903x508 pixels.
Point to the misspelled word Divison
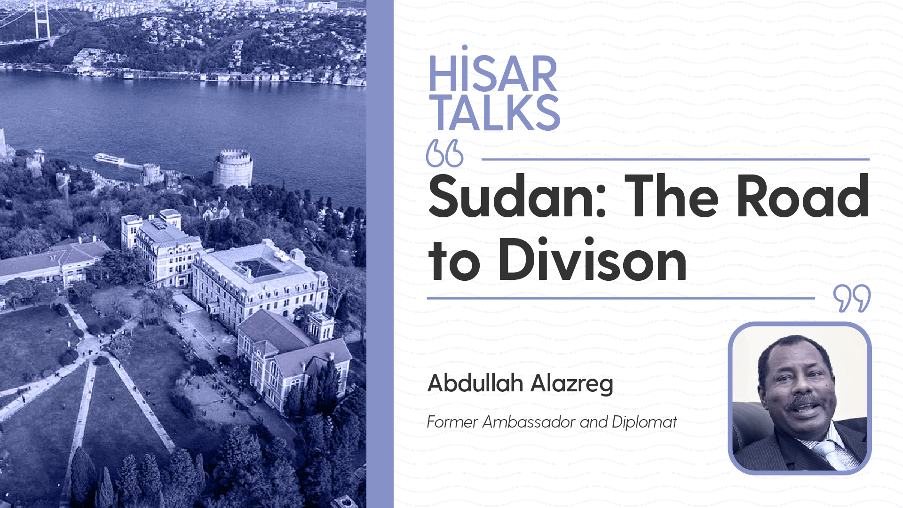tap(593, 260)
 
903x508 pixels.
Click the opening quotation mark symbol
tap(444, 153)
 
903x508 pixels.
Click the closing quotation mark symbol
tap(852, 298)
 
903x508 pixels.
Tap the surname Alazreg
tap(572, 384)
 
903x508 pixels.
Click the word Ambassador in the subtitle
tap(529, 422)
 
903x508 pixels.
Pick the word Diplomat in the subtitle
tap(644, 422)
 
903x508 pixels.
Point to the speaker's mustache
tap(805, 400)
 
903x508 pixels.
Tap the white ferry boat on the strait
tap(109, 159)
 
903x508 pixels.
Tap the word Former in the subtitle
tap(452, 422)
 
